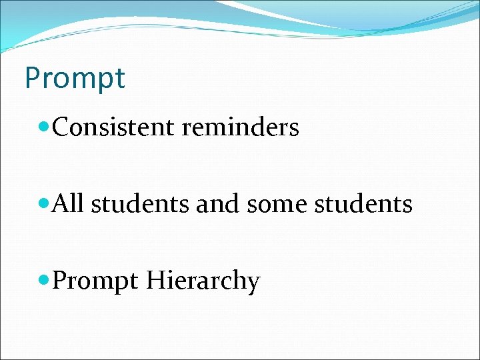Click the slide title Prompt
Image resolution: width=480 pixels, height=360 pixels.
[x=74, y=78]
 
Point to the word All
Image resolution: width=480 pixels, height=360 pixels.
[x=67, y=203]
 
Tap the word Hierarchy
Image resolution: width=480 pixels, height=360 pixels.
[x=202, y=281]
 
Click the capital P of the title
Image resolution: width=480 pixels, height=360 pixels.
[x=32, y=77]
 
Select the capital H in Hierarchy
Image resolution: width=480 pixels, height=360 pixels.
[x=154, y=280]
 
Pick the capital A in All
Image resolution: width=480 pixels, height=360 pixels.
[x=61, y=203]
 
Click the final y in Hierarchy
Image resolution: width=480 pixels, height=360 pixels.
[x=253, y=284]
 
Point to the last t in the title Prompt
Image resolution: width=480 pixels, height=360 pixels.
[x=120, y=78]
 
